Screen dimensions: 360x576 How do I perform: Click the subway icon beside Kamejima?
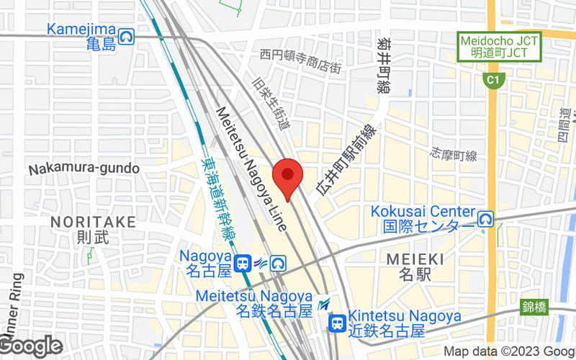click(127, 35)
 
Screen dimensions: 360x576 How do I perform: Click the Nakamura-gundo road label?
click(84, 168)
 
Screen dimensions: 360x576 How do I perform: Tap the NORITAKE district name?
click(93, 222)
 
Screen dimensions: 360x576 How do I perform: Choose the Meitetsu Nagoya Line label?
click(253, 169)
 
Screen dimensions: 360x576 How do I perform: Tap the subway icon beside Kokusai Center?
click(487, 218)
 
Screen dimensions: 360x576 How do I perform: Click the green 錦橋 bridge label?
click(534, 307)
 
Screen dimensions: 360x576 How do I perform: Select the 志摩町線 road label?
click(454, 154)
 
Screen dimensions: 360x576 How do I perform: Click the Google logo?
click(32, 346)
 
